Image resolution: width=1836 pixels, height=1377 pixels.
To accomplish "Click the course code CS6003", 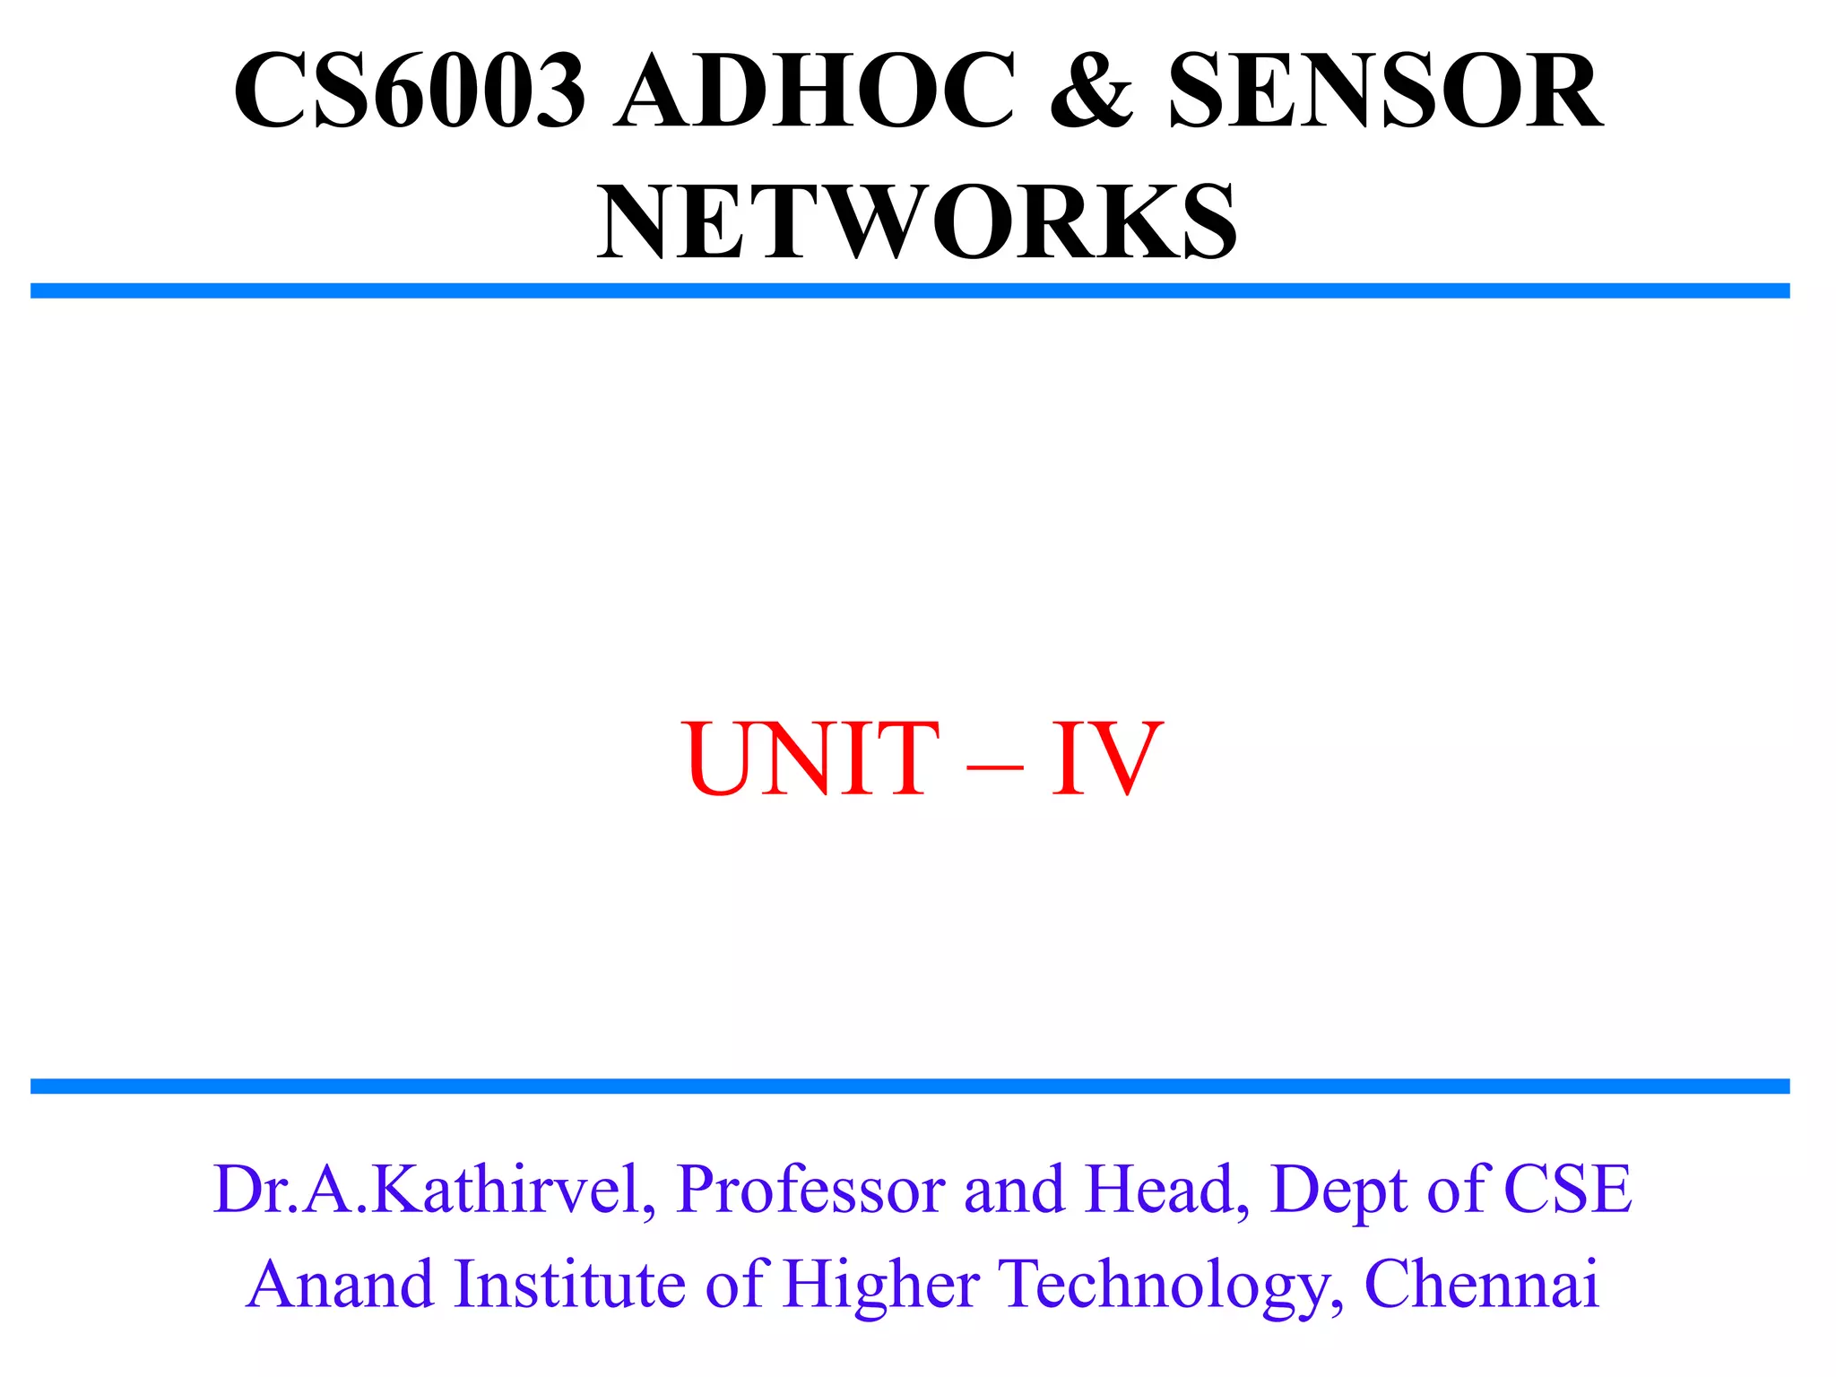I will point(410,91).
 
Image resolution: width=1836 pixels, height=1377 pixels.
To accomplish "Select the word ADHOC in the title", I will point(814,91).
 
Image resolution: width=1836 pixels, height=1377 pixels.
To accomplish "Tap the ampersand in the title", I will point(1091,91).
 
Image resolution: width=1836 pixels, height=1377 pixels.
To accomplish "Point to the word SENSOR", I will point(1385,91).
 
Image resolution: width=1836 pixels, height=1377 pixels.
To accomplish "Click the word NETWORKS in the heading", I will point(917,221).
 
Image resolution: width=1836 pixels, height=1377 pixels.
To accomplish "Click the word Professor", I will point(811,1191).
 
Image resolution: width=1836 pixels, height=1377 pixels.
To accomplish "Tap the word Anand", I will point(341,1285).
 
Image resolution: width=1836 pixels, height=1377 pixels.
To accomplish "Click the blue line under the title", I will point(910,290).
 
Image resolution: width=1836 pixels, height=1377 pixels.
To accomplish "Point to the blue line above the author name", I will point(910,1087).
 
